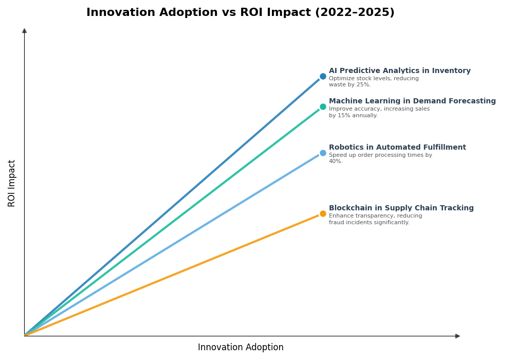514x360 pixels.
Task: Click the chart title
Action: point(240,13)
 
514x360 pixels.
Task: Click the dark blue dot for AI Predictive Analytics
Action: point(323,76)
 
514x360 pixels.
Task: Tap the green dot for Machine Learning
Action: point(323,107)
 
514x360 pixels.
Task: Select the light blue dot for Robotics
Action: point(323,153)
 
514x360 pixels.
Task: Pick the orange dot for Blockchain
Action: point(323,213)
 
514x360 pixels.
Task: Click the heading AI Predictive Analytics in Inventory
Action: point(399,71)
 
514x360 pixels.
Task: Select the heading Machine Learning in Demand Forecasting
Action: point(412,101)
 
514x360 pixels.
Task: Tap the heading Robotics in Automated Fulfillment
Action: point(397,148)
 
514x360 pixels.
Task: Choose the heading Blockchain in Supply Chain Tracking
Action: point(401,208)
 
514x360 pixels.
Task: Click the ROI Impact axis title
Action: point(12,183)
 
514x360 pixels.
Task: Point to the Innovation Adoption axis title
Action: point(241,348)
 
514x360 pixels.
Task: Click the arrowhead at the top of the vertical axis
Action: point(24,31)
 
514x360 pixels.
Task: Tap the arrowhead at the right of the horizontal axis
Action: point(457,336)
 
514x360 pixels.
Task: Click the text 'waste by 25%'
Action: point(350,85)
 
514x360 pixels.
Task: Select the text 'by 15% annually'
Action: point(353,116)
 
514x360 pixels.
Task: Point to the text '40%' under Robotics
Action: point(336,161)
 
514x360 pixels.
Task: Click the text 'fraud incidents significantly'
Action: point(369,223)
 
